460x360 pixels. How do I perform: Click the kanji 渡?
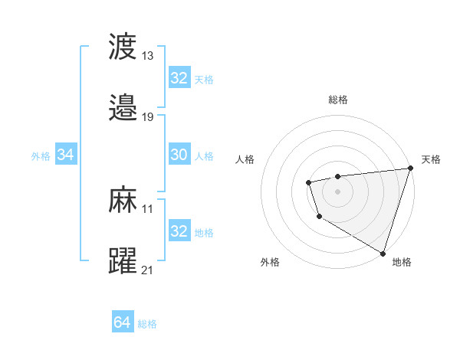point(123,47)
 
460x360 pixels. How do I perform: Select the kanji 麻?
point(123,201)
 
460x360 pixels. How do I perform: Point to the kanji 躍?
point(123,261)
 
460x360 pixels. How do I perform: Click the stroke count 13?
point(148,55)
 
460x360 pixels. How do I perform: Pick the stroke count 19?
point(148,116)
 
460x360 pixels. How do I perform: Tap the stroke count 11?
point(148,208)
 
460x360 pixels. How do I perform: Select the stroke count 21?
point(148,270)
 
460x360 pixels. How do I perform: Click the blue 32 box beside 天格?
point(179,79)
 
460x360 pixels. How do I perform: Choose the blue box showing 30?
point(179,155)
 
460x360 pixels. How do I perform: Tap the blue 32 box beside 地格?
point(179,231)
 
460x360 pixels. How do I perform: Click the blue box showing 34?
point(66,155)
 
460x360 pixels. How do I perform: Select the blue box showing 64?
point(123,322)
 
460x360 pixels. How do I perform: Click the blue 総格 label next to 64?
point(147,324)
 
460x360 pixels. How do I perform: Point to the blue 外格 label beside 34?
point(41,156)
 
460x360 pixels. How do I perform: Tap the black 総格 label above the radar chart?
point(338,100)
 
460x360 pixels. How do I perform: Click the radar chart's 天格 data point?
point(410,169)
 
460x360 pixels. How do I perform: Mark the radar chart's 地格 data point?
point(382,252)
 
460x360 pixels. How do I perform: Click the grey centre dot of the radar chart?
point(337,190)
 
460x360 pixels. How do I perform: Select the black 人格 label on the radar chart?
point(246,159)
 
